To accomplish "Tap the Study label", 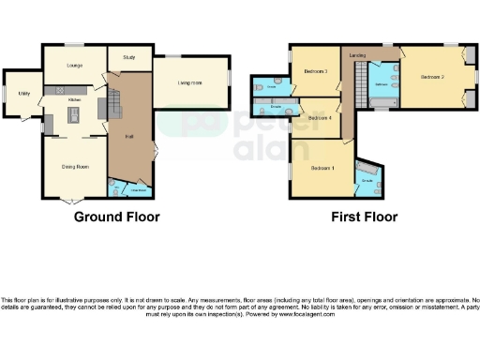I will pos(128,57).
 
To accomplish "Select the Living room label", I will pos(190,83).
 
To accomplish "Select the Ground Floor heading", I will pos(116,217).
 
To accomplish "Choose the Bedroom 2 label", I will pos(431,76).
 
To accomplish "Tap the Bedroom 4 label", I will pos(319,118).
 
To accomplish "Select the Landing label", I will pos(357,56).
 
